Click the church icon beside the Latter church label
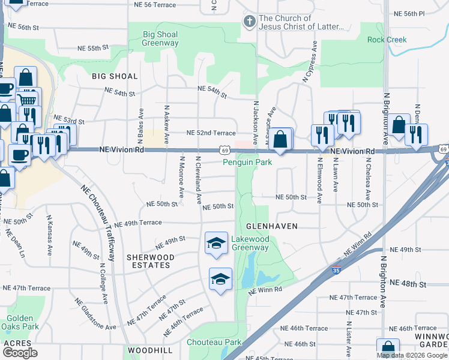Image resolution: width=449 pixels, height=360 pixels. pyautogui.click(x=249, y=22)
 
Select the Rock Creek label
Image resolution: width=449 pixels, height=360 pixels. pyautogui.click(x=387, y=40)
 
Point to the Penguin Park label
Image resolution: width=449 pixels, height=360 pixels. pyautogui.click(x=247, y=162)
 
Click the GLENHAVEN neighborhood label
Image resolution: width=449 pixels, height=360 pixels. pyautogui.click(x=273, y=226)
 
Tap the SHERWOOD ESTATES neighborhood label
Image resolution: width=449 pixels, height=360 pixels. pyautogui.click(x=150, y=261)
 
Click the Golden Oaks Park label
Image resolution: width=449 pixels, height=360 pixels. pyautogui.click(x=23, y=322)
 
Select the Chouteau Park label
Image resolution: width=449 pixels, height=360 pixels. pyautogui.click(x=214, y=342)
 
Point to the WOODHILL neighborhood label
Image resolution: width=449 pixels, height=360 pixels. pyautogui.click(x=149, y=350)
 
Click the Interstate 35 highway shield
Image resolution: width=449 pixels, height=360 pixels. pyautogui.click(x=336, y=271)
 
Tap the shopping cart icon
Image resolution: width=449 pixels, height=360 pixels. pyautogui.click(x=27, y=100)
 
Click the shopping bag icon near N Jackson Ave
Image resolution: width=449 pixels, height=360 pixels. pyautogui.click(x=280, y=139)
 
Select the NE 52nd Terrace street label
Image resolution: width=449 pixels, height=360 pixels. pyautogui.click(x=211, y=133)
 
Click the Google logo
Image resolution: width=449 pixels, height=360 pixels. pyautogui.click(x=20, y=352)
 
